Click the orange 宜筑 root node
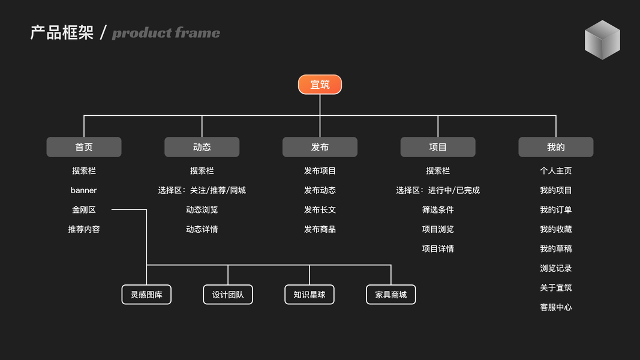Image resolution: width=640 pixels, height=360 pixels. tap(320, 85)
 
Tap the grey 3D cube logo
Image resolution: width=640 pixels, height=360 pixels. tap(602, 40)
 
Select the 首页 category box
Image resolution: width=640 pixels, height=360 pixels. tap(84, 147)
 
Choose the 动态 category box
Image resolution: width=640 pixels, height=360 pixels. tap(202, 147)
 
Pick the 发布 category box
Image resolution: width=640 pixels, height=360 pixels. tap(320, 147)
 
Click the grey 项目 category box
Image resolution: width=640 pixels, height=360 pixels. tap(438, 147)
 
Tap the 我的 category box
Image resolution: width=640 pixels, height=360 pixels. tap(555, 147)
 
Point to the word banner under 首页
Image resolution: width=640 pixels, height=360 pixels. tap(83, 190)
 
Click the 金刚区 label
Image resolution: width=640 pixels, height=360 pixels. tap(84, 210)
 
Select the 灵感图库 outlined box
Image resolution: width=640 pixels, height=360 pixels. tap(146, 295)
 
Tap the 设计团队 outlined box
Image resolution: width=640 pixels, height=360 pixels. tap(228, 295)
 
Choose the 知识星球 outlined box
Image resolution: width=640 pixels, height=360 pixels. tap(310, 295)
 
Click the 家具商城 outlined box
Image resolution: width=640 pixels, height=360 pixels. tap(391, 295)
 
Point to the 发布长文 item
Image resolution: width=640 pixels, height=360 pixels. tap(320, 210)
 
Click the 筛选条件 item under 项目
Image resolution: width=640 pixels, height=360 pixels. tap(438, 210)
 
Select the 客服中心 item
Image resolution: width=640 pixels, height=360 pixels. tap(555, 307)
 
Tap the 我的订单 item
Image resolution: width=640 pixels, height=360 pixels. tap(555, 210)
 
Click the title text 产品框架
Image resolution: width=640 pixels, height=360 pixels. tap(62, 32)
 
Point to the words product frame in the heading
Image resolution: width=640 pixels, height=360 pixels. tap(166, 33)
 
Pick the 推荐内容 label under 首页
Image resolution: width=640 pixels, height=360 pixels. tap(84, 229)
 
